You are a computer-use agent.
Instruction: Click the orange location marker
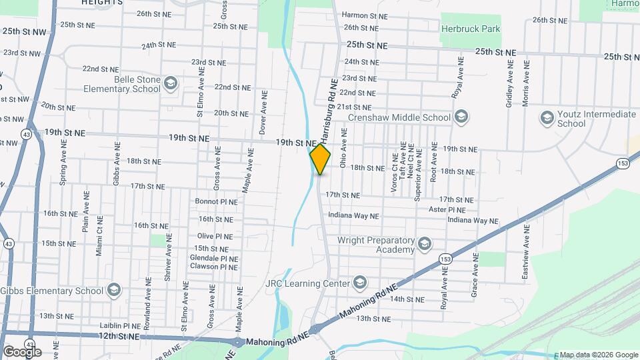click(320, 159)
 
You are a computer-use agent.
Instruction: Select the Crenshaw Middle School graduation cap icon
click(461, 117)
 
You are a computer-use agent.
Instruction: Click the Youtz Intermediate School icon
click(547, 118)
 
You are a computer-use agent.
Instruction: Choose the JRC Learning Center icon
click(360, 283)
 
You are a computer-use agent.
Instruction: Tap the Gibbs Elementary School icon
click(114, 290)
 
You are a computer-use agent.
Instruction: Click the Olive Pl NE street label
click(215, 237)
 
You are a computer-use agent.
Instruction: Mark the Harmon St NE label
click(364, 15)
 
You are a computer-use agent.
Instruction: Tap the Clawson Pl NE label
click(213, 267)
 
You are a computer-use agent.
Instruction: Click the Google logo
click(22, 351)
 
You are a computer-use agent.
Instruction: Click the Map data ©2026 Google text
click(598, 355)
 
